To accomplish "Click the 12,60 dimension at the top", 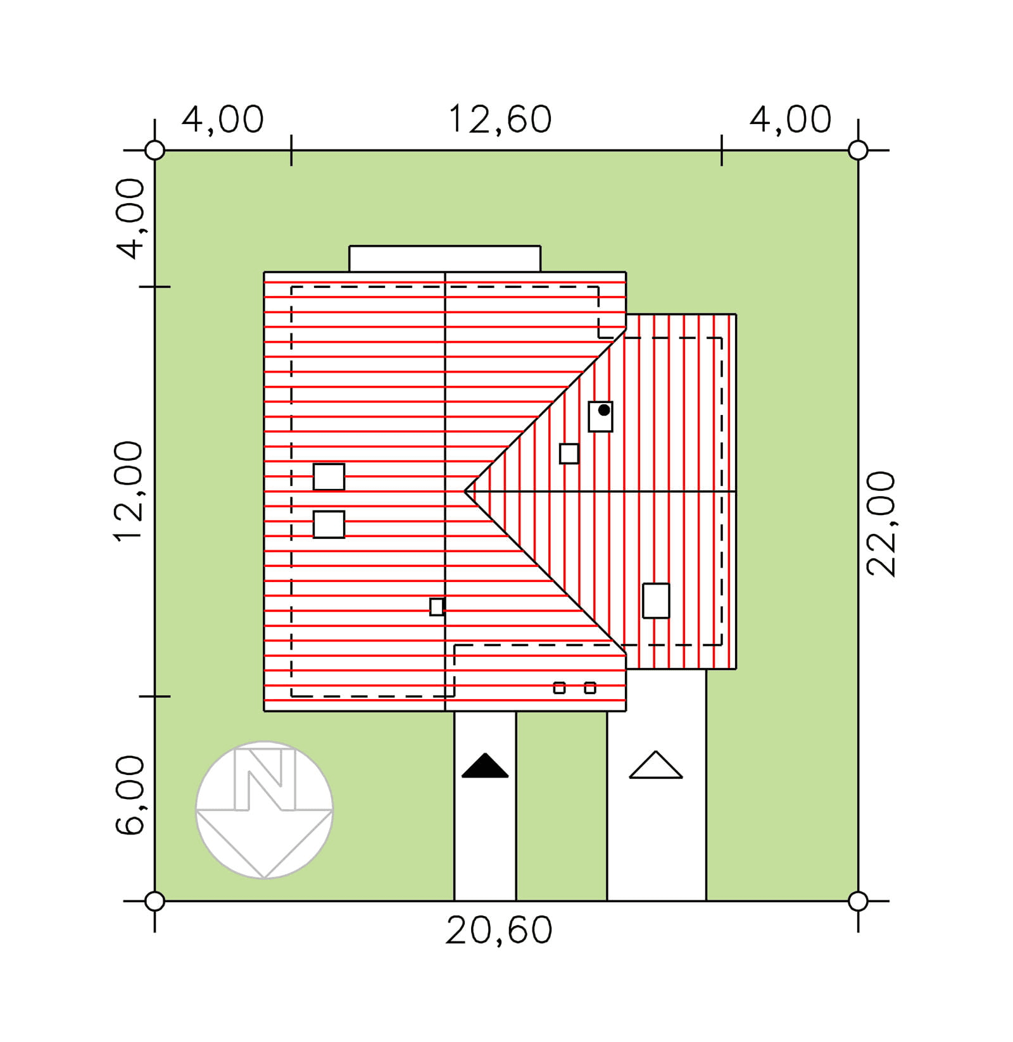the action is (500, 120).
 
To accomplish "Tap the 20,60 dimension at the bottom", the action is (499, 930).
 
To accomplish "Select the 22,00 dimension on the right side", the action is (881, 524).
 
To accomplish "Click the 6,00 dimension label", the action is (130, 795).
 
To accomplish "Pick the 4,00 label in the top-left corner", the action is (222, 120).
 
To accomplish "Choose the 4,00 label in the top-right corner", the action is (790, 120).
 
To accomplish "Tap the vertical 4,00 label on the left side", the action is (130, 219).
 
